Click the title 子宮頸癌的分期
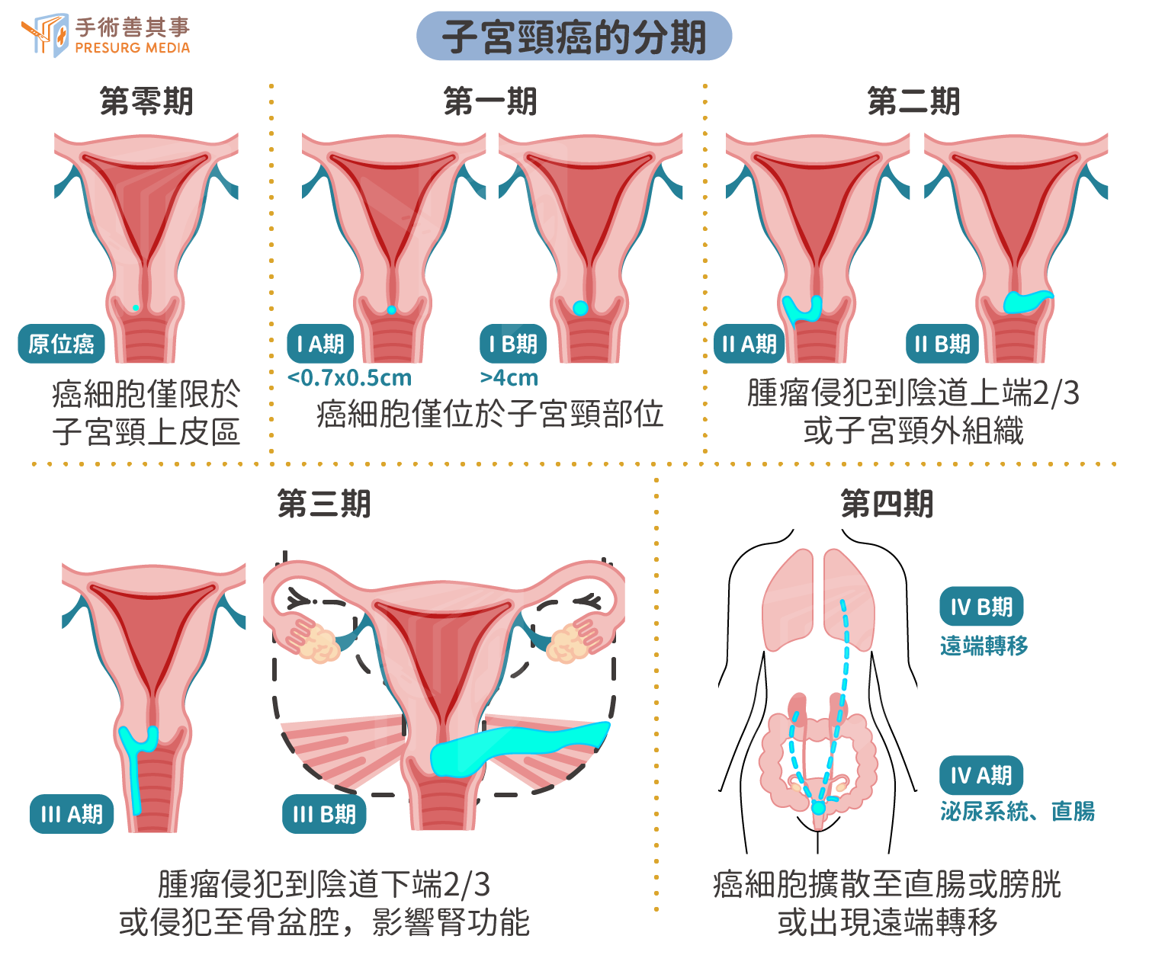573,37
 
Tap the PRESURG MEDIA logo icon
45,35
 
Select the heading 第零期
146,101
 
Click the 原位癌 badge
61,344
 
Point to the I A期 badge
319,344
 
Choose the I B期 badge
513,344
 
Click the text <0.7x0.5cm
349,378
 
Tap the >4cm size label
509,378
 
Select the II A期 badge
749,344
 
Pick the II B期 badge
942,344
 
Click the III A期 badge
72,814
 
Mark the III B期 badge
324,814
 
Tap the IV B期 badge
981,606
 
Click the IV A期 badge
981,775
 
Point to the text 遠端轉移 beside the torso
984,646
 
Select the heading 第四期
887,503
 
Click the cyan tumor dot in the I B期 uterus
580,308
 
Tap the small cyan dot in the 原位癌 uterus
136,308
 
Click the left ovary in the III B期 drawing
319,642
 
